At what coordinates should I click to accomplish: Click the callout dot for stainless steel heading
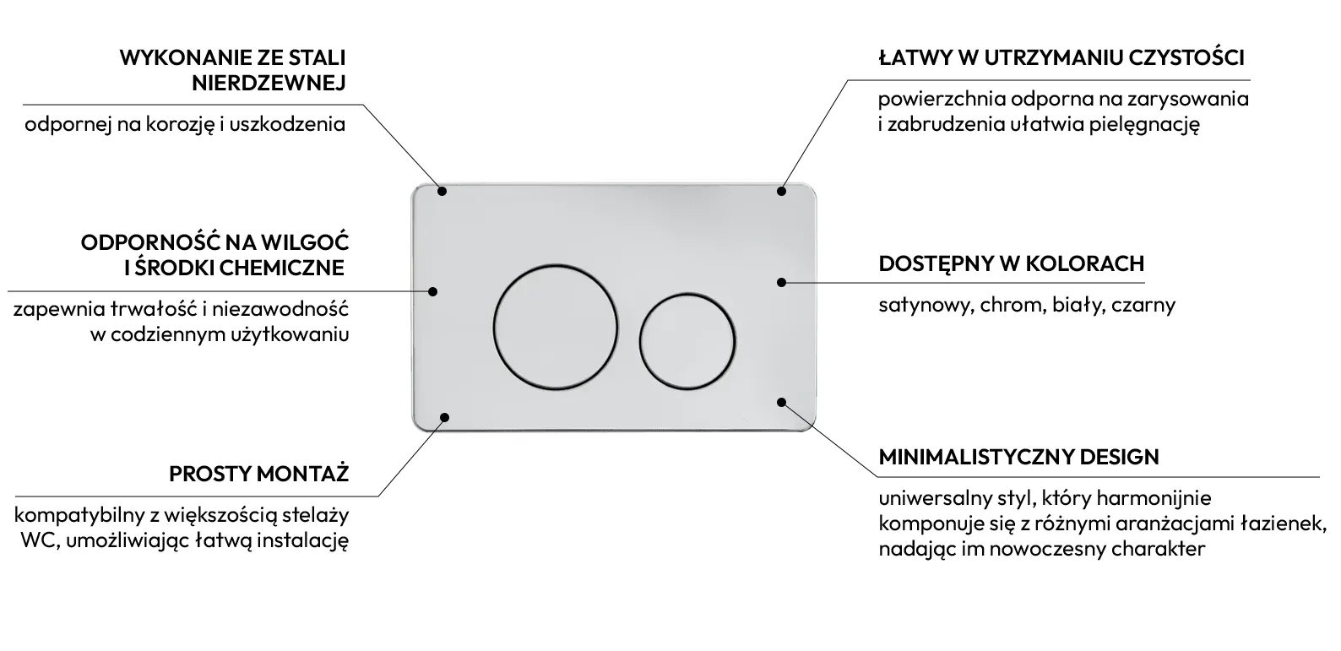442,192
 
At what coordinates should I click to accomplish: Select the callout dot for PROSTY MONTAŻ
444,417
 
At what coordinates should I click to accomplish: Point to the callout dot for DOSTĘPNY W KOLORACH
781,282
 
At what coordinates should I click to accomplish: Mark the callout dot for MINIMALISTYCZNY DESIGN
781,402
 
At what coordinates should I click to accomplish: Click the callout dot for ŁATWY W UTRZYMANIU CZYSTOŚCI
781,192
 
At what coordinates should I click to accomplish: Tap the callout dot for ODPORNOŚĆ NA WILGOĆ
433,291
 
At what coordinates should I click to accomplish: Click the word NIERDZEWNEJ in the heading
269,84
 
